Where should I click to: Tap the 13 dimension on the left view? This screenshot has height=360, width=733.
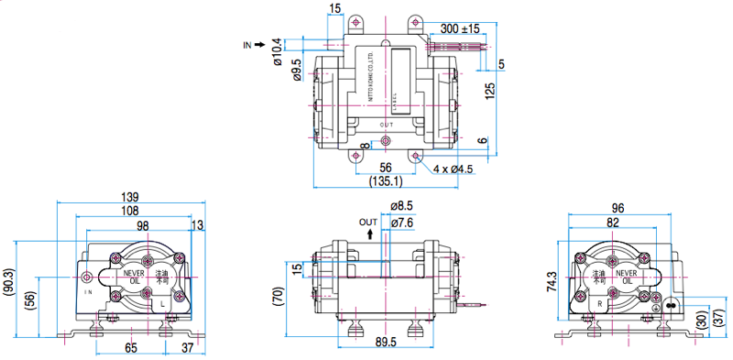197,225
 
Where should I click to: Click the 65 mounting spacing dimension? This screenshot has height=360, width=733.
131,348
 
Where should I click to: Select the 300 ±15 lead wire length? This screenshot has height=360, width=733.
460,28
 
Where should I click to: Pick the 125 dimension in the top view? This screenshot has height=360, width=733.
490,90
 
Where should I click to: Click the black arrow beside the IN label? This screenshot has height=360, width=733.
260,43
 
